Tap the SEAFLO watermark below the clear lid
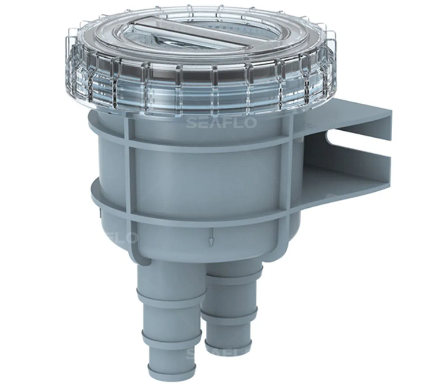point(221,123)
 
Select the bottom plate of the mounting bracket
point(344,181)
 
